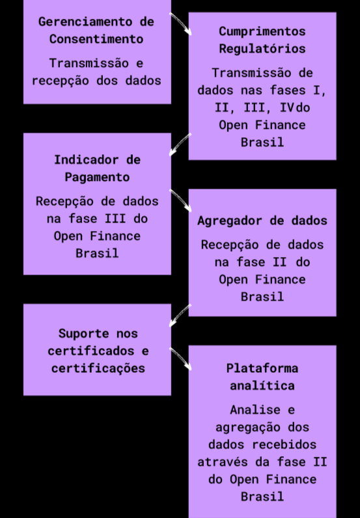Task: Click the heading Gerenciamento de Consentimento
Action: tap(96, 31)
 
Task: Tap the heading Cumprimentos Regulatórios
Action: tap(262, 40)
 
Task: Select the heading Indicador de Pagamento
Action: tap(97, 169)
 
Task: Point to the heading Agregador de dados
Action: tap(262, 221)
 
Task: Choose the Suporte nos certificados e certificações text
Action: tap(98, 351)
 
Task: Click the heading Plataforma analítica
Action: tap(262, 377)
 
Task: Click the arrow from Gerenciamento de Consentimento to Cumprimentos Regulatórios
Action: tap(180, 23)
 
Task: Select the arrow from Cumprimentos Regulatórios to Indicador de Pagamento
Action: tap(180, 144)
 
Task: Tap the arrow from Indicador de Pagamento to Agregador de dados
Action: tap(180, 200)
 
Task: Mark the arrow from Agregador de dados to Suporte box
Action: tap(180, 316)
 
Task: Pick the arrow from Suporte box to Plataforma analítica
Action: tap(180, 359)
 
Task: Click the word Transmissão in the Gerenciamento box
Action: tap(89, 63)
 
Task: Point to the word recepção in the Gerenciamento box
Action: tap(61, 81)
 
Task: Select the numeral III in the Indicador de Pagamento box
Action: tap(115, 219)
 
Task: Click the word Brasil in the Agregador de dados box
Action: tap(262, 297)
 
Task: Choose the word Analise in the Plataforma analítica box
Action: tap(255, 410)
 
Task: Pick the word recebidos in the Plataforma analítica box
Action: tap(284, 444)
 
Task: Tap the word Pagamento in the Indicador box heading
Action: tap(97, 178)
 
